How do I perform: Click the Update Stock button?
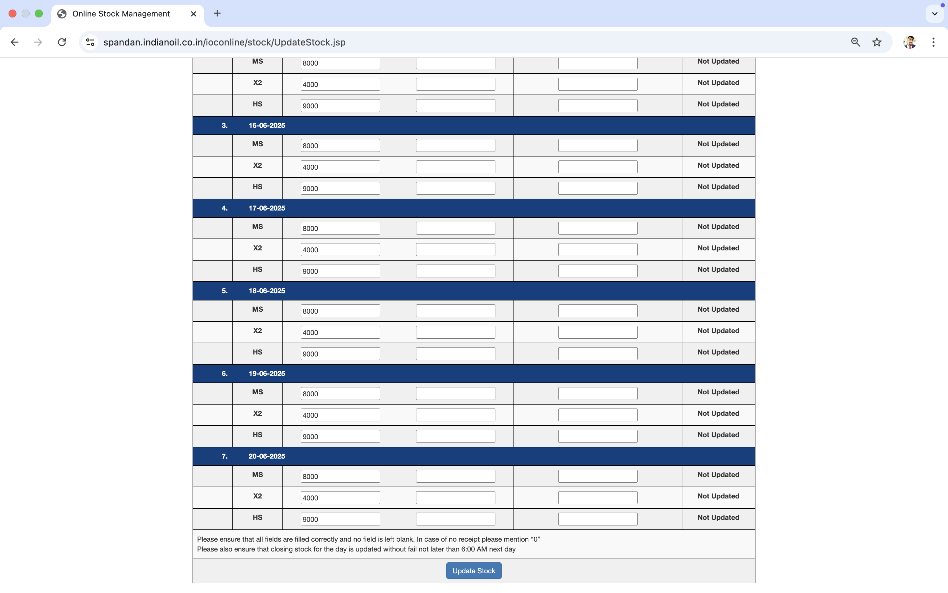click(474, 571)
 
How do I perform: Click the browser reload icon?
click(62, 42)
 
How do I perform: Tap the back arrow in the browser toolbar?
click(15, 42)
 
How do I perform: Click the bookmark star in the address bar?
click(877, 42)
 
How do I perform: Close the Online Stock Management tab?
click(194, 14)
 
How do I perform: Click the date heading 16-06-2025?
click(267, 126)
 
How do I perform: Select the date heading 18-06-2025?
click(267, 291)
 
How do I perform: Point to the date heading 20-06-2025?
click(267, 456)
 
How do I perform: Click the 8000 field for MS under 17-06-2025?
click(340, 228)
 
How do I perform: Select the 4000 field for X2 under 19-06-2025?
click(340, 415)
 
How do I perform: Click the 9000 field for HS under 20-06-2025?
click(340, 519)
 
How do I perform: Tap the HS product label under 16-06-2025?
click(257, 187)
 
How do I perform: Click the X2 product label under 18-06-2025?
click(257, 331)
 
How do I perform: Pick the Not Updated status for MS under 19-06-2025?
click(718, 392)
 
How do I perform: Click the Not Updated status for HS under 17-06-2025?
click(718, 270)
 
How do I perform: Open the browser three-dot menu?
click(933, 42)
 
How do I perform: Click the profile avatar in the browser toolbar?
click(909, 42)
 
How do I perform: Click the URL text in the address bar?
click(224, 42)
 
